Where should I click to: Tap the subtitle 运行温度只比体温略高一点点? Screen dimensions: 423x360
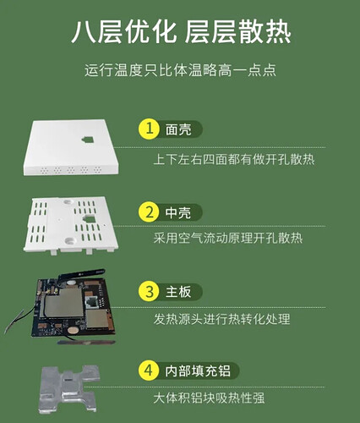(x=180, y=70)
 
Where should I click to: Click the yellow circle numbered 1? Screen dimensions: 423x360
(x=150, y=129)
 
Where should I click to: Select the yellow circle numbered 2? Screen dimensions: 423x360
(x=150, y=210)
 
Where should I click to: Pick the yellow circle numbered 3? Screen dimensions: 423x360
(x=150, y=291)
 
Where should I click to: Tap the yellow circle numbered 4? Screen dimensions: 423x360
(x=150, y=371)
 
